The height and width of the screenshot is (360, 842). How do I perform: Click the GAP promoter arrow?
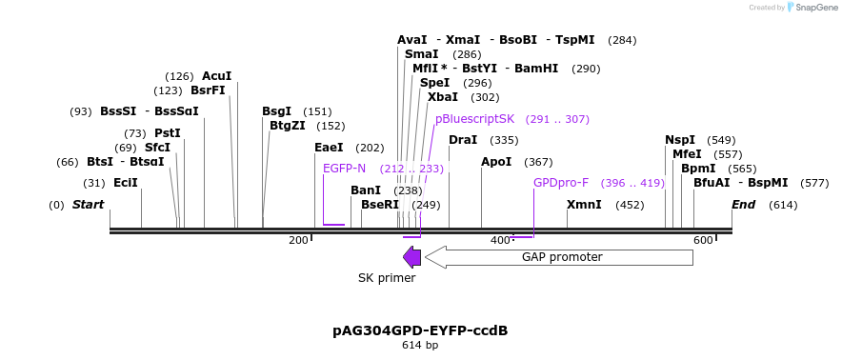pos(560,257)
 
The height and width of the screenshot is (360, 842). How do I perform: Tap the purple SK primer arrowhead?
pos(411,257)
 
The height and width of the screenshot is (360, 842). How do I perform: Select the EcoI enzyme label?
pos(126,183)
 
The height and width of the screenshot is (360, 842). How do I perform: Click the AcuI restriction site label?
pos(216,76)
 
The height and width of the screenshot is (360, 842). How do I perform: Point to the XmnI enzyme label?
pos(584,205)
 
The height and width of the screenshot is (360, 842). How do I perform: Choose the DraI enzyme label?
pos(463,140)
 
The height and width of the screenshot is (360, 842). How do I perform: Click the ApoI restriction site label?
pos(496,162)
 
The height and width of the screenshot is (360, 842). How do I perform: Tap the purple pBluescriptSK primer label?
pos(474,119)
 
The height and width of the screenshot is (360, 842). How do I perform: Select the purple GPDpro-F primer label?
pos(561,183)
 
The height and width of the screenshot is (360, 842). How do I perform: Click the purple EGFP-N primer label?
pos(344,169)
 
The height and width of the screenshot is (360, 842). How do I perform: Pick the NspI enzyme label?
pos(680,140)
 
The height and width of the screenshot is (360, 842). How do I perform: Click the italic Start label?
pos(88,205)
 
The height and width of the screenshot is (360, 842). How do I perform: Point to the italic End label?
pos(743,205)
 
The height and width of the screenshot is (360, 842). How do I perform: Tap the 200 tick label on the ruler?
pos(298,240)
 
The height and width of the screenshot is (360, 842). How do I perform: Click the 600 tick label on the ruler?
pos(703,240)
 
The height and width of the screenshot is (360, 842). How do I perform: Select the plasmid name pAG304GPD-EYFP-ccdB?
pos(420,330)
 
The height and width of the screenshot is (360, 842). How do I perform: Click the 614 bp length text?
pos(420,345)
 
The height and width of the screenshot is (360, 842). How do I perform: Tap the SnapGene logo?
pos(811,8)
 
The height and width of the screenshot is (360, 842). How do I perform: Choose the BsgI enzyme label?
pos(276,111)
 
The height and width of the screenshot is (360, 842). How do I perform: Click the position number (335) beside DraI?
pos(504,141)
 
